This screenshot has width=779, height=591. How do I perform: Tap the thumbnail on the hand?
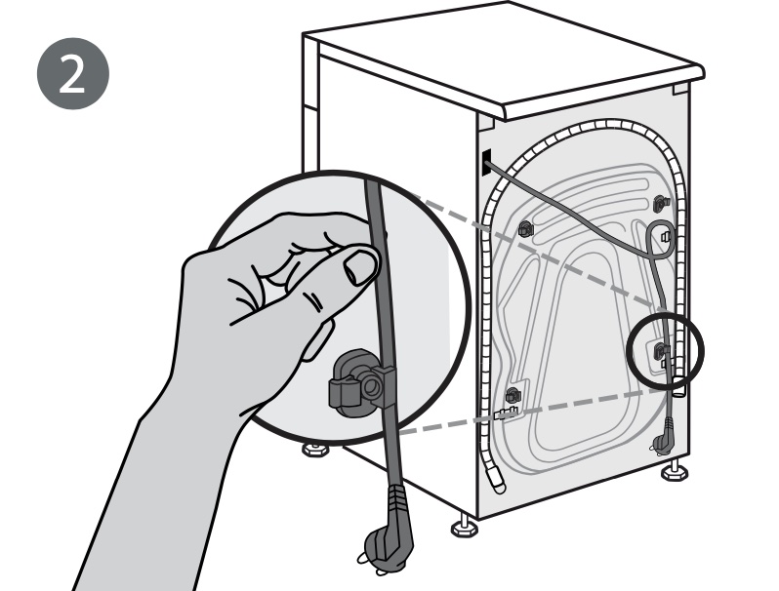pos(361,266)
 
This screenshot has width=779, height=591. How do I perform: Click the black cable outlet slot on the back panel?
pos(485,162)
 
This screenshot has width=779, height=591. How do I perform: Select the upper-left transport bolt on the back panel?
pos(525,229)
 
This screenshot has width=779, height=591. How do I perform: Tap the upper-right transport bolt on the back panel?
pos(661,204)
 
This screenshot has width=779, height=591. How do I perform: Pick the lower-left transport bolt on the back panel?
pos(512,396)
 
